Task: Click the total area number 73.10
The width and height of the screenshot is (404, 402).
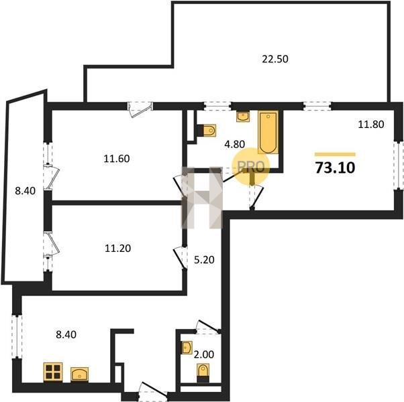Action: point(335,167)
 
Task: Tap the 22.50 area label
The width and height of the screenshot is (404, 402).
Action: point(275,59)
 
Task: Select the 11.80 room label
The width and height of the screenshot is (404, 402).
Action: point(371,125)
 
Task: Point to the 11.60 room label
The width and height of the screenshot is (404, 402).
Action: point(117,159)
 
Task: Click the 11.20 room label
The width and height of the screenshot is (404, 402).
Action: point(117,248)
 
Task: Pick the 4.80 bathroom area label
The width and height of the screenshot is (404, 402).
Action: point(234,144)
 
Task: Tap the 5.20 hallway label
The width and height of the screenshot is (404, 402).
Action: point(204,260)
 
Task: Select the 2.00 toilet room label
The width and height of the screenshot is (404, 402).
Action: point(204,354)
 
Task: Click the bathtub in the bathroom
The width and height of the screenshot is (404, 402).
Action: point(268,132)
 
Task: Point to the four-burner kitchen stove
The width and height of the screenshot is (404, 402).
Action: point(53,372)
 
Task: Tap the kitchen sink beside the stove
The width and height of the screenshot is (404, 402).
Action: point(80,374)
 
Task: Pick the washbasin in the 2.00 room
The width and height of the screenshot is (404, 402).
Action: point(187,348)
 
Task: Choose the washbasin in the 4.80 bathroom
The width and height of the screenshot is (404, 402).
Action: point(243,117)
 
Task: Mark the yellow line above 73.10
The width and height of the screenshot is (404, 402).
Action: point(335,154)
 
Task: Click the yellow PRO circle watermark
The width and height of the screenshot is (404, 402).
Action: point(251,167)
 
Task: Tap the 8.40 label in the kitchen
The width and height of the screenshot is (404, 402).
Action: point(66,334)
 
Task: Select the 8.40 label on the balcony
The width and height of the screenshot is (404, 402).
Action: point(25,191)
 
